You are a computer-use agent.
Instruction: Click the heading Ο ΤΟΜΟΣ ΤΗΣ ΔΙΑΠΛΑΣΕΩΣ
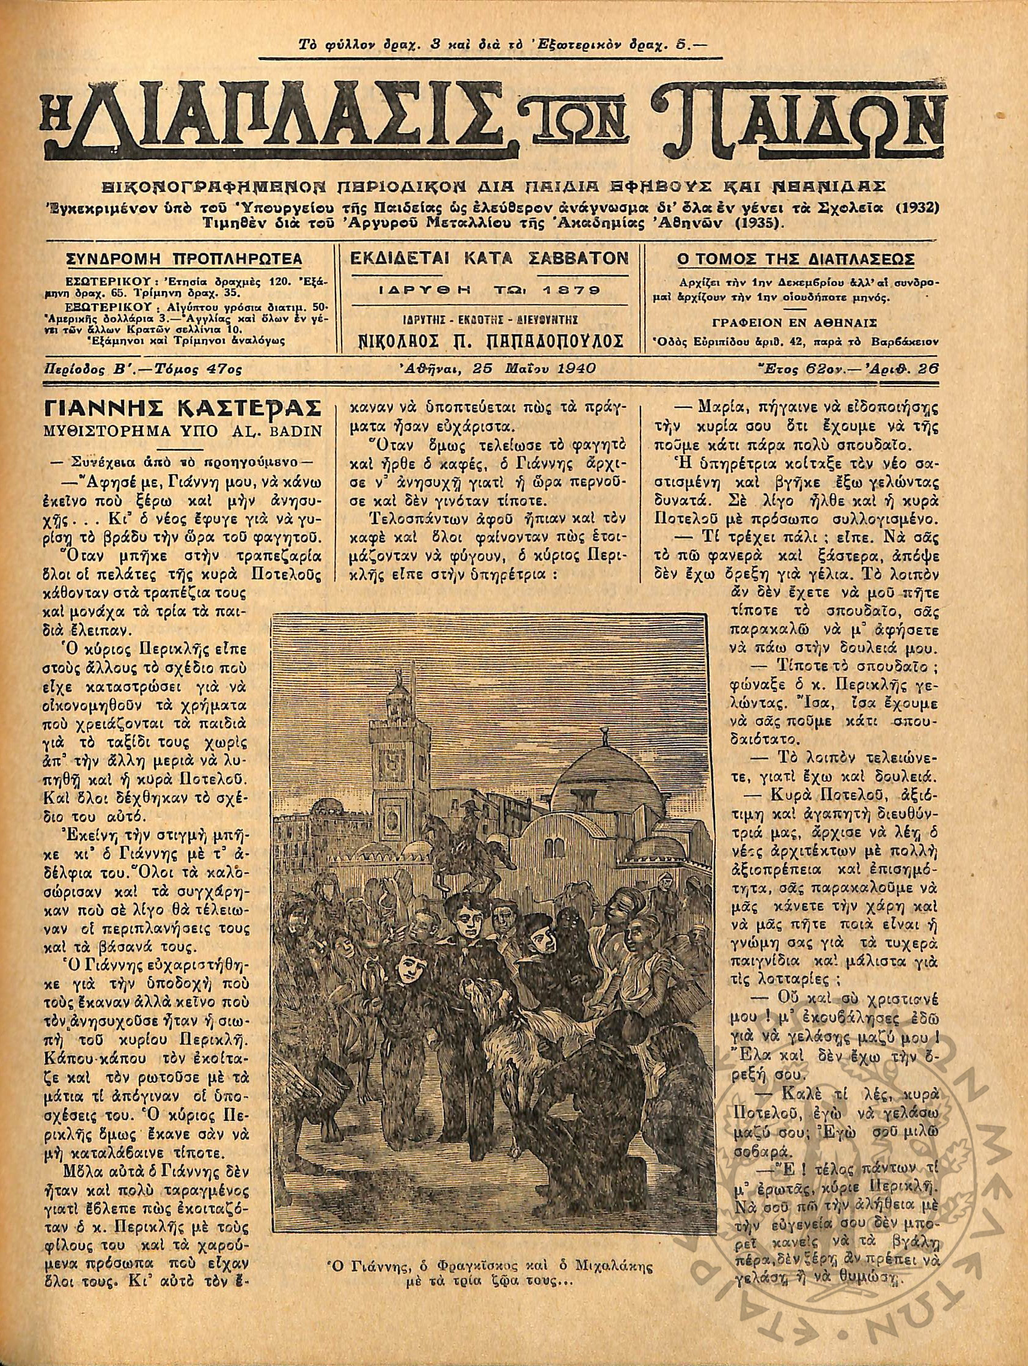point(796,259)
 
